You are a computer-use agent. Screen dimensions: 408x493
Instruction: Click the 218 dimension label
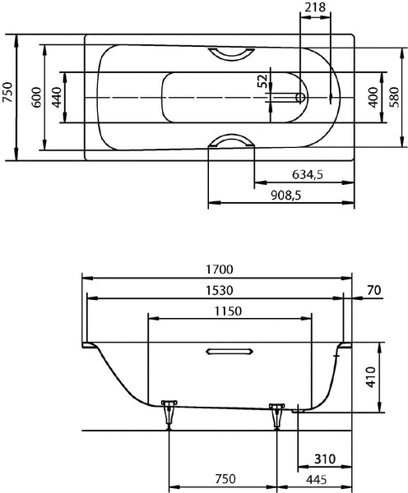315,7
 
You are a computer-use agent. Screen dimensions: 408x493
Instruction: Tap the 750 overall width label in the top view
7,92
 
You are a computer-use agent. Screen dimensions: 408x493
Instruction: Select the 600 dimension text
36,98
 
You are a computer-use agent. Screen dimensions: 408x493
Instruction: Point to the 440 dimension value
57,98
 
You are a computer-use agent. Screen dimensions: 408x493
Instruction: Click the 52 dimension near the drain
262,81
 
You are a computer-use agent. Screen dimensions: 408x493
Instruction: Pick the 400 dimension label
373,98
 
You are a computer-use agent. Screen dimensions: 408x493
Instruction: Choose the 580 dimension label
394,98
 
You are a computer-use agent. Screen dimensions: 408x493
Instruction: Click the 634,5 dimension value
308,174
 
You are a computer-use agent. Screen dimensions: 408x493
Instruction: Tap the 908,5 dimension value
286,196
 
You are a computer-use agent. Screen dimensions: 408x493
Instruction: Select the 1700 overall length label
220,270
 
